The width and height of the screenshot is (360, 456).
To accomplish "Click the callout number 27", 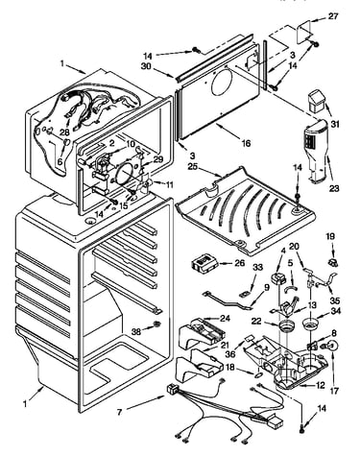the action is click(333, 16).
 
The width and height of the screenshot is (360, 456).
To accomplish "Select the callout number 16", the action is click(246, 143).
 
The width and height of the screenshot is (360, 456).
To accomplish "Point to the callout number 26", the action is click(239, 263).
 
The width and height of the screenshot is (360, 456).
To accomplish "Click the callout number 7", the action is click(119, 412).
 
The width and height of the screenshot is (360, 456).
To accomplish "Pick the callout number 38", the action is click(137, 332).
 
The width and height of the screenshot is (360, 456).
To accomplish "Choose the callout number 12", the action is click(321, 386).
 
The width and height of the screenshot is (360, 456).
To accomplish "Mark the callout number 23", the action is click(334, 188).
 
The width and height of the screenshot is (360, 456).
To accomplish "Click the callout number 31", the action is click(335, 125).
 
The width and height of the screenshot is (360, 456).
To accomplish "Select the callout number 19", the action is click(330, 236).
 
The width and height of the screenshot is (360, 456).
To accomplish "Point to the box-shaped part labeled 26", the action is click(204, 264).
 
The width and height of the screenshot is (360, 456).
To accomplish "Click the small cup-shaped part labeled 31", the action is click(317, 101).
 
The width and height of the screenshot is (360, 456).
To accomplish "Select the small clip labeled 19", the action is click(333, 263).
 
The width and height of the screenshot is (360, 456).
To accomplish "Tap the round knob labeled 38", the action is click(156, 324).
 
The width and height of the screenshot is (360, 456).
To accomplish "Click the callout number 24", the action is click(225, 319).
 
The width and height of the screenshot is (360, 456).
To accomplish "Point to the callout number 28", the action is click(64, 132).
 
